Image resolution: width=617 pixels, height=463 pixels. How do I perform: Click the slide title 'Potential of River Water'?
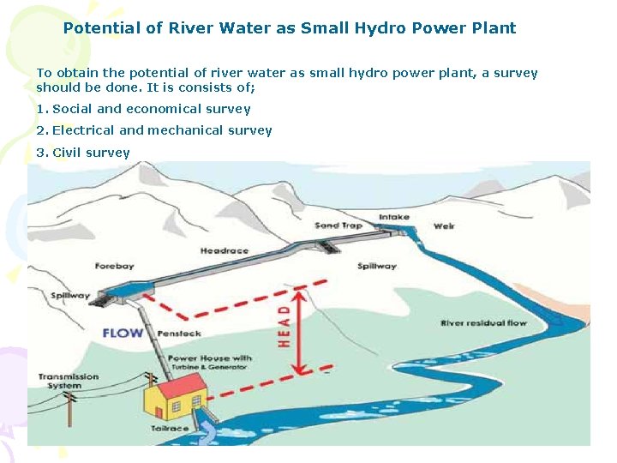point(290,27)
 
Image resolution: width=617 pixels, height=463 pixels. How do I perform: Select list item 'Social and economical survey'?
point(151,109)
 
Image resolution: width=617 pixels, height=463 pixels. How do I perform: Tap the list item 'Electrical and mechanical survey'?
point(161,130)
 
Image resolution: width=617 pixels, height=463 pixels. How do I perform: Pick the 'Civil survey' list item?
point(91,153)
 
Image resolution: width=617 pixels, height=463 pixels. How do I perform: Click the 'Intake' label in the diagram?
point(394,217)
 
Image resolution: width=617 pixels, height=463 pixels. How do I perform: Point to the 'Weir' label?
point(444,226)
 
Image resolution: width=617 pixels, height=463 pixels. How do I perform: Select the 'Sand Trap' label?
point(338,225)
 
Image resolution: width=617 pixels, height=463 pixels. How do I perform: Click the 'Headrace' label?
point(224,251)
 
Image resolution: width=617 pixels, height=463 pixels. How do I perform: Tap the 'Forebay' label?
point(114,266)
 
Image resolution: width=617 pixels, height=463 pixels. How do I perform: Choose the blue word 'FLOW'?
point(123,333)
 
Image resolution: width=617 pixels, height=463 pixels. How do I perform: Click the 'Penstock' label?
point(179,334)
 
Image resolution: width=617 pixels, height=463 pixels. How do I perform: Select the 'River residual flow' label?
point(483,323)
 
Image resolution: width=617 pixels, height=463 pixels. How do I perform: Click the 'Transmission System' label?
point(68,381)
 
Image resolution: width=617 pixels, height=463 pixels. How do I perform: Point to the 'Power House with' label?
point(209,358)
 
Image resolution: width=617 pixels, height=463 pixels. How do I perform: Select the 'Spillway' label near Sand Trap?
point(376,267)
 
